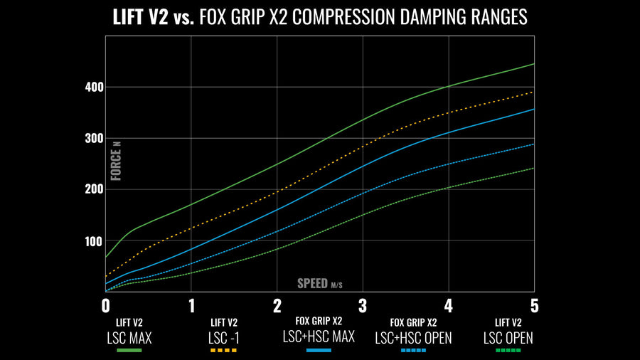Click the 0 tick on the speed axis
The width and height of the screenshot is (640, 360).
click(106, 306)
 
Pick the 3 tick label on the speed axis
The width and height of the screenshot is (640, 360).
click(363, 306)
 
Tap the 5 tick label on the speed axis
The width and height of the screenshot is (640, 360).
click(534, 306)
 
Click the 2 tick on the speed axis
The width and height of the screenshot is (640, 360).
click(277, 306)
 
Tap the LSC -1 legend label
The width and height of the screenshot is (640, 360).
click(224, 337)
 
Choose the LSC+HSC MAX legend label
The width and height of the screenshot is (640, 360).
click(319, 337)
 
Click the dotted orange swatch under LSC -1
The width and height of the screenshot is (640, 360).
click(224, 351)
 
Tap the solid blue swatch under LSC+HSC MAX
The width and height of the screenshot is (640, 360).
click(319, 351)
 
